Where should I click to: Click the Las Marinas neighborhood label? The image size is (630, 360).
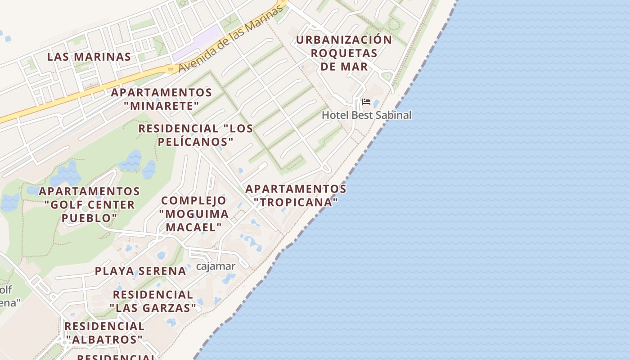89,57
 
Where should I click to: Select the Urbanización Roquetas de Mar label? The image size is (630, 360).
344,53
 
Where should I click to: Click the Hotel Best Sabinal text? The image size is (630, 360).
366,115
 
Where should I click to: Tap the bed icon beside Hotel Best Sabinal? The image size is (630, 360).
366,102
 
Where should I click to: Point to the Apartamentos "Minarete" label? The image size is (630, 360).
162,99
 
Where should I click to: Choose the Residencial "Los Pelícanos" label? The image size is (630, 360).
196,135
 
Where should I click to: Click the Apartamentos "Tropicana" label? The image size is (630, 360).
296,195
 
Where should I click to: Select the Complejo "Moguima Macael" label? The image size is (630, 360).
193,214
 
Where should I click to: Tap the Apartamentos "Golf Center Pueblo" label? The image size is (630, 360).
90,205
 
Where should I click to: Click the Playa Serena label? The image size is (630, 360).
140,271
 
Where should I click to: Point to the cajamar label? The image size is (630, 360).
216,266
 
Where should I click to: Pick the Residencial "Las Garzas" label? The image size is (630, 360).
153,301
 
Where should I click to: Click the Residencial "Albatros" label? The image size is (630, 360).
104,333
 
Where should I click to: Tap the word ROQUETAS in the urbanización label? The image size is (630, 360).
344,53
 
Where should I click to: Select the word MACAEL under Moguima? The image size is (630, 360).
194,227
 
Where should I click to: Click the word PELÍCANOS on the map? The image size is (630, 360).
196,142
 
